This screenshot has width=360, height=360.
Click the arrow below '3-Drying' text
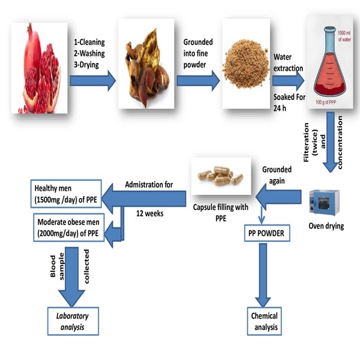(x=92, y=80)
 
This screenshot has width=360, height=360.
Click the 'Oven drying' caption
(x=325, y=226)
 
